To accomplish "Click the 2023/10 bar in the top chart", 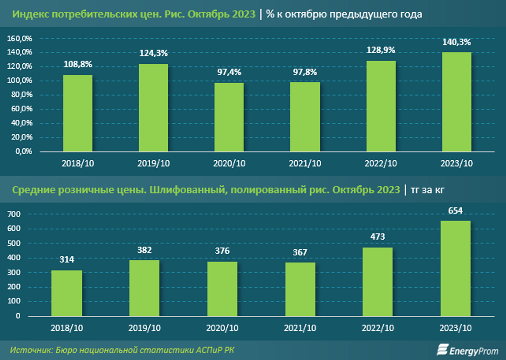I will pyautogui.click(x=456, y=102).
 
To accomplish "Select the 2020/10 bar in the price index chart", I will pyautogui.click(x=229, y=117).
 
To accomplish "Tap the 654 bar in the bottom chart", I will pyautogui.click(x=455, y=268).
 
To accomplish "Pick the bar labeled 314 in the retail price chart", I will pyautogui.click(x=67, y=293).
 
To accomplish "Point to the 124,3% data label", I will pyautogui.click(x=153, y=53).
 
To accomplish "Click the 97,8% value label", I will pyautogui.click(x=305, y=72).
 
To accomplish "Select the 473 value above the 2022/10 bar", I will pyautogui.click(x=377, y=237).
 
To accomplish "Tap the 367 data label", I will pyautogui.click(x=300, y=252).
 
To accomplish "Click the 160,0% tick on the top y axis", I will pyautogui.click(x=20, y=39).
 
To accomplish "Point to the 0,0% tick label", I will pyautogui.click(x=24, y=151).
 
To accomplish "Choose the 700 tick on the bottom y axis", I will pyautogui.click(x=14, y=214).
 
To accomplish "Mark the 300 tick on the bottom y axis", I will pyautogui.click(x=14, y=273).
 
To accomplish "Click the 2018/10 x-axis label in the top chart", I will pyautogui.click(x=78, y=163).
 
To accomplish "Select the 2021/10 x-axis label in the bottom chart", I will pyautogui.click(x=300, y=328).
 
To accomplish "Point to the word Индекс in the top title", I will pyautogui.click(x=30, y=14).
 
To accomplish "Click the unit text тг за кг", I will pyautogui.click(x=427, y=190).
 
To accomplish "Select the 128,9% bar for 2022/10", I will pyautogui.click(x=381, y=106).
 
